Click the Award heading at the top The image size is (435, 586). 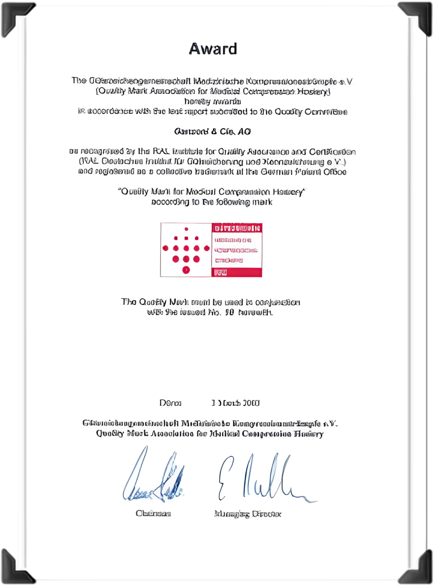(x=213, y=49)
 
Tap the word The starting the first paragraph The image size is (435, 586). (x=79, y=81)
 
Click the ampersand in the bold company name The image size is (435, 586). (x=214, y=132)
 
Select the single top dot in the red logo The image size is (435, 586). (x=186, y=228)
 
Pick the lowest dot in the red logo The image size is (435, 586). (x=186, y=270)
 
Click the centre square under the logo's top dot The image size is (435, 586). (x=186, y=238)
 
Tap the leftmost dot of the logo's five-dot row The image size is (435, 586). (x=165, y=248)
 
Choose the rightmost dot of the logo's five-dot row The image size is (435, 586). (x=207, y=248)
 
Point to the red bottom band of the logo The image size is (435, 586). (x=237, y=272)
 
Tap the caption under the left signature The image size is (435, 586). (x=153, y=514)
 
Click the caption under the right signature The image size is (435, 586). (x=247, y=514)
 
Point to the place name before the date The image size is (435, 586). (x=170, y=403)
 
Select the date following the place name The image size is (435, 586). (x=235, y=403)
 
